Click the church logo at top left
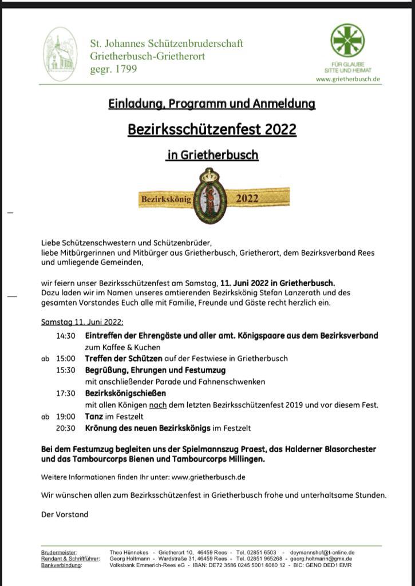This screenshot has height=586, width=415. click(60, 54)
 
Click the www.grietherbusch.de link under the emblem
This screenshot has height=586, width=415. click(348, 80)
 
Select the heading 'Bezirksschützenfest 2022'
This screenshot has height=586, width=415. click(212, 129)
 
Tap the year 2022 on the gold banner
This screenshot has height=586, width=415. click(247, 199)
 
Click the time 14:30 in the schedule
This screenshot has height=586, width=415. click(66, 336)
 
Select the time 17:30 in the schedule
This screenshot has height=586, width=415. click(66, 394)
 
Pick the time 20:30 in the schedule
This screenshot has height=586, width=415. click(66, 428)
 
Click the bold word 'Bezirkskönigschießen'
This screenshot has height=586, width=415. click(125, 394)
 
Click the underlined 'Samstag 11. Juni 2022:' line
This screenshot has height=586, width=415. click(82, 322)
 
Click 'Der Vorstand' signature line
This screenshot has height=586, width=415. click(65, 514)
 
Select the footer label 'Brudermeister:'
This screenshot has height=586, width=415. click(59, 552)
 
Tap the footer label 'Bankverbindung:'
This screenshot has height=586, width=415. click(61, 565)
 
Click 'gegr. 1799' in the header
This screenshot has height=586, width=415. click(113, 69)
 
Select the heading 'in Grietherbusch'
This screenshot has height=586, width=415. click(212, 155)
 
